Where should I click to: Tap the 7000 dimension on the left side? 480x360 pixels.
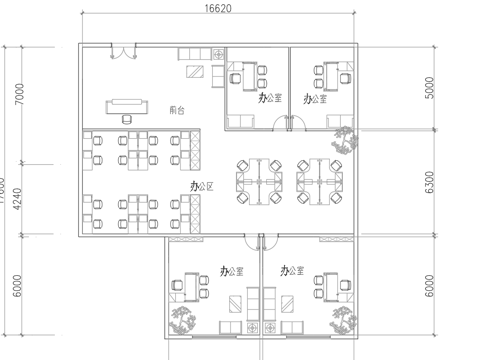(x=19, y=98)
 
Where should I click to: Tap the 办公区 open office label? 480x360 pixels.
(x=204, y=186)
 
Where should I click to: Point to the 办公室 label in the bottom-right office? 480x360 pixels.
(x=291, y=271)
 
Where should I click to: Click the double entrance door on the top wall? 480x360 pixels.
(x=120, y=53)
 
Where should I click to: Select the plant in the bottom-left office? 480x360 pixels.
(x=182, y=320)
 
